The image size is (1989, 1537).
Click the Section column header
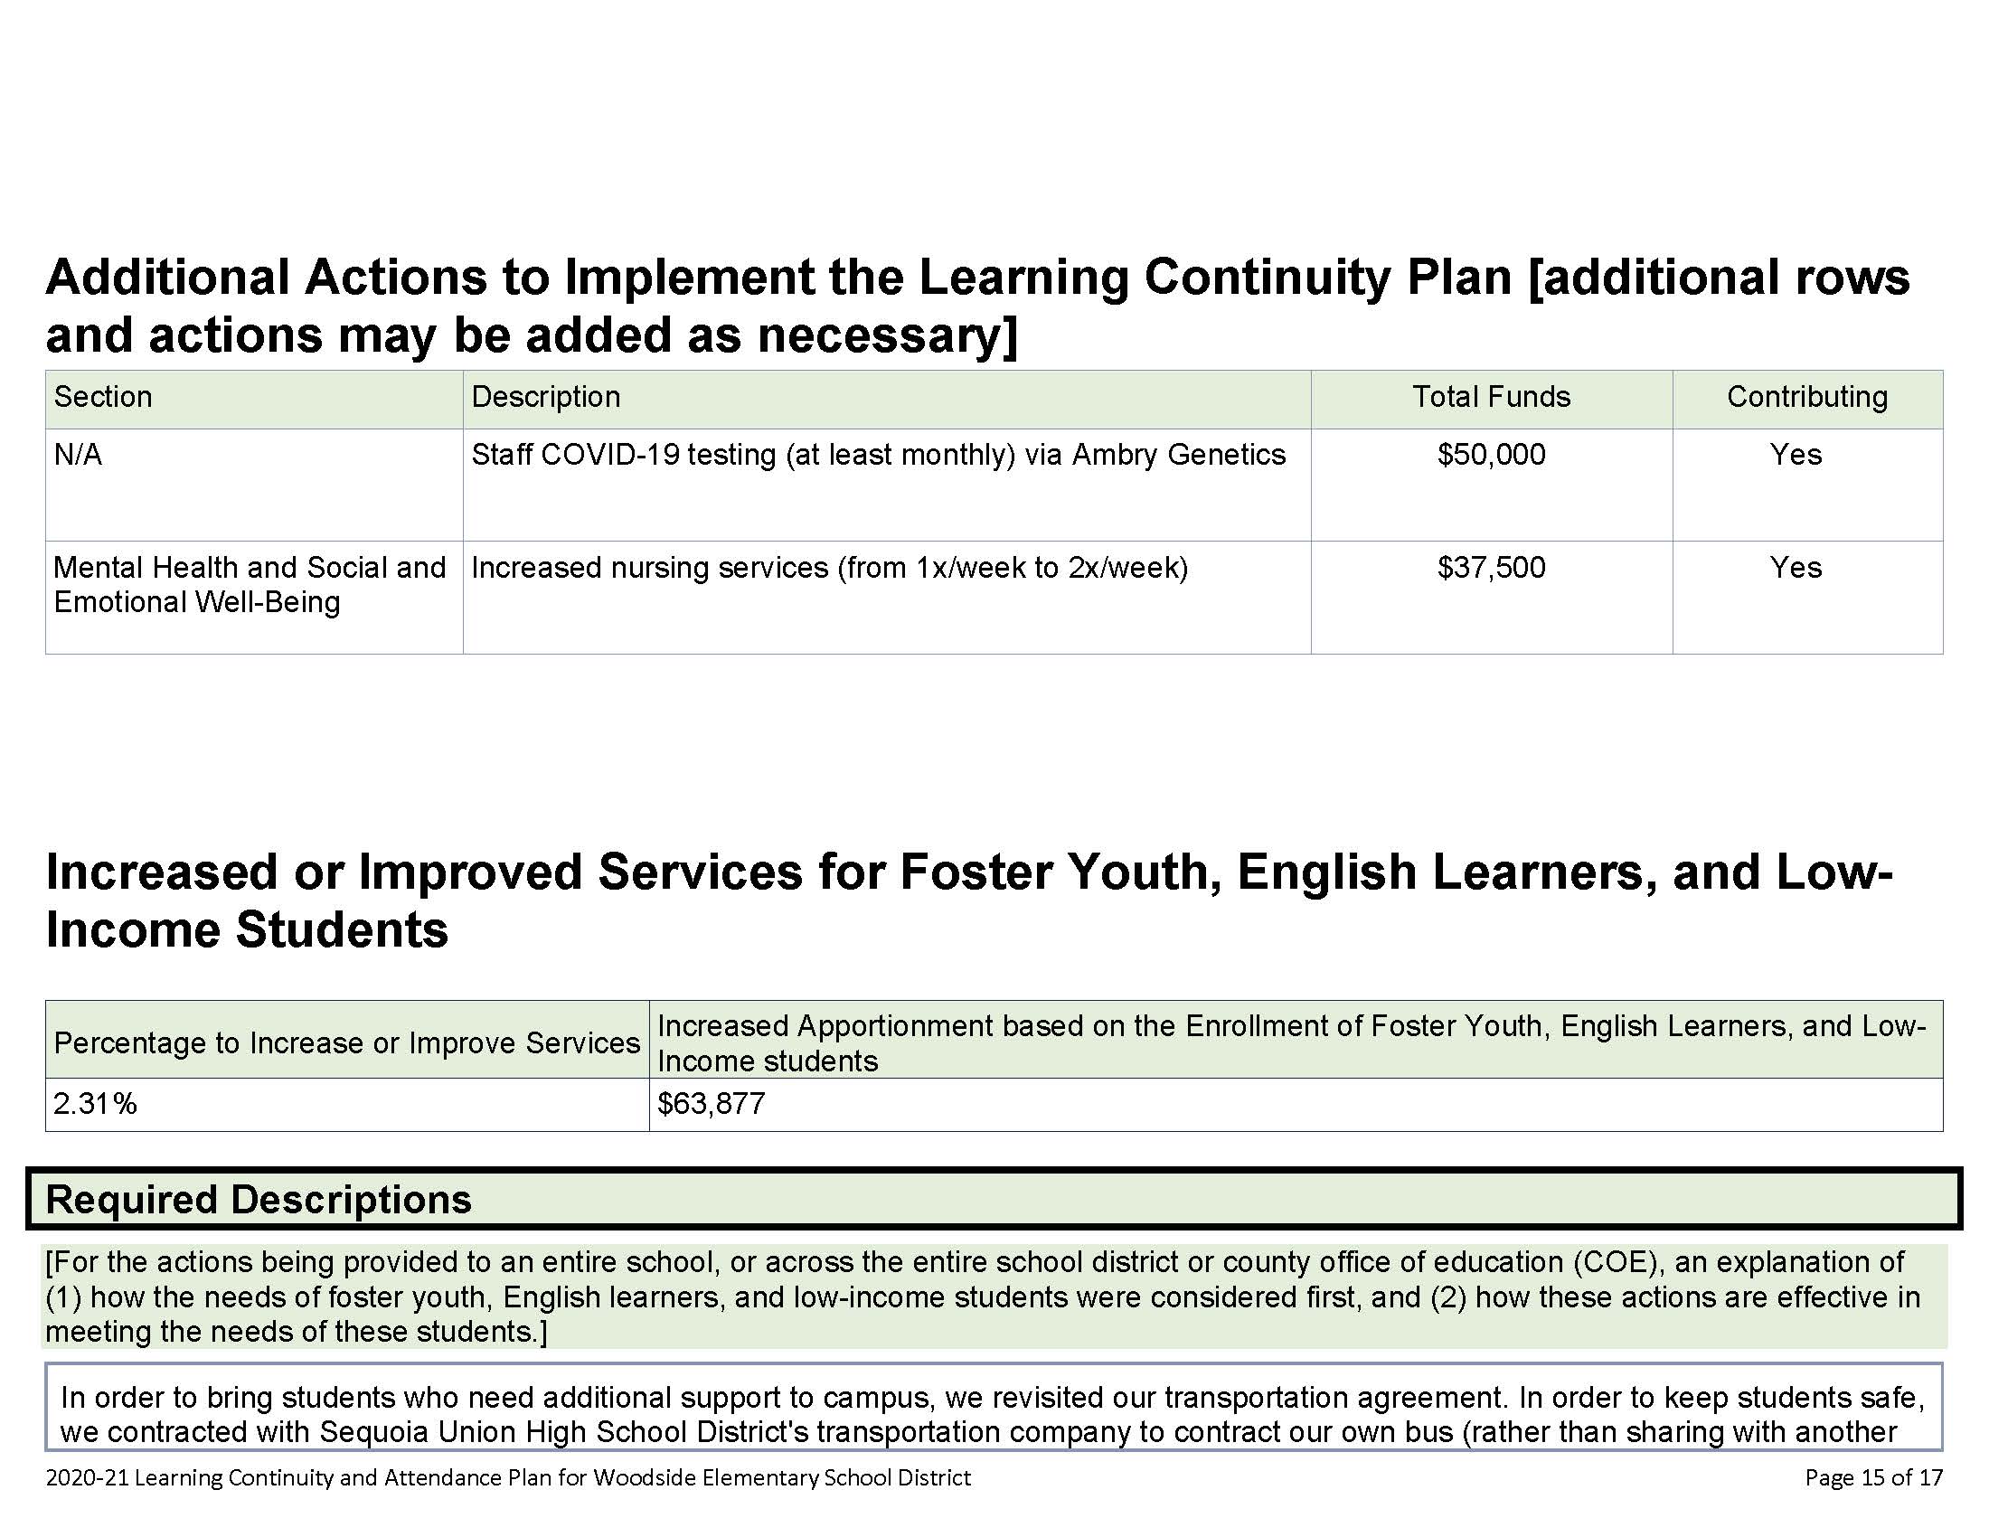click(103, 397)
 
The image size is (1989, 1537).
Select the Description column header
click(545, 397)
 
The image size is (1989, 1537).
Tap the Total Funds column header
click(1491, 397)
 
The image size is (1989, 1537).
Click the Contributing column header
click(1807, 397)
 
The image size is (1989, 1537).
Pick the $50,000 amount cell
click(1491, 455)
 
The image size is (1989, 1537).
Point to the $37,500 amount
click(1491, 567)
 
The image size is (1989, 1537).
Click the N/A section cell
click(78, 455)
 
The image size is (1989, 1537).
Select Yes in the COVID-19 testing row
click(1795, 455)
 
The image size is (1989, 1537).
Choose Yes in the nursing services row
click(1795, 567)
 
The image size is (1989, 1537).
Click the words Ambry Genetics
click(1178, 455)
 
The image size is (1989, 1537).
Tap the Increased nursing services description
click(829, 567)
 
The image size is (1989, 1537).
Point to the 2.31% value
click(95, 1104)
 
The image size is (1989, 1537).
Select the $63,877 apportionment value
click(712, 1104)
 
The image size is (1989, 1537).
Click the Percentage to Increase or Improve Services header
click(347, 1042)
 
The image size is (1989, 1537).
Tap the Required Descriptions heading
click(259, 1200)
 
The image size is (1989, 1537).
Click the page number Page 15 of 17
click(1873, 1477)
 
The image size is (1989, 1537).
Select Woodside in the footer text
click(635, 1477)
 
